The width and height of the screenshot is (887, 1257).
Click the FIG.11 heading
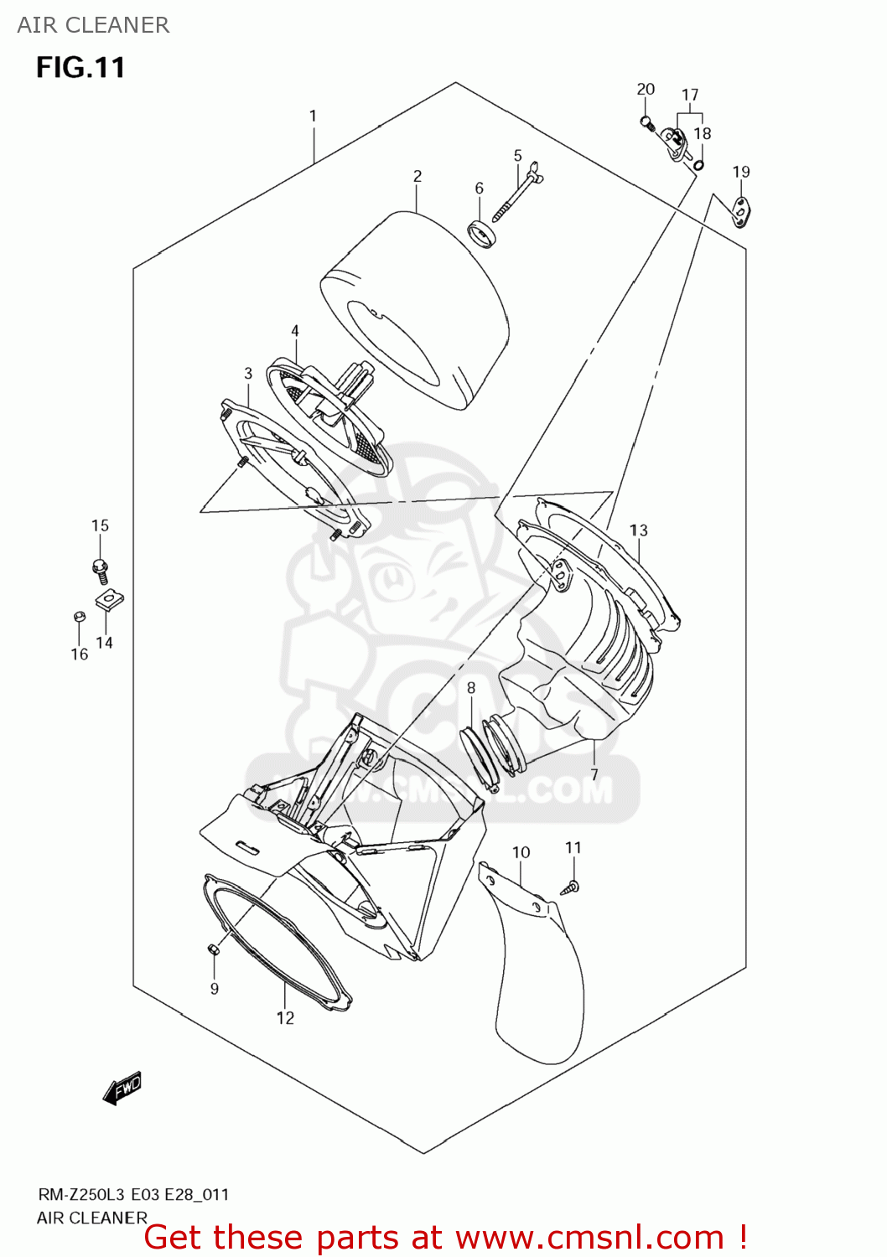click(x=80, y=68)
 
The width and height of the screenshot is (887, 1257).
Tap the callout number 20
click(x=646, y=90)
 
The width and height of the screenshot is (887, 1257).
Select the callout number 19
click(x=741, y=173)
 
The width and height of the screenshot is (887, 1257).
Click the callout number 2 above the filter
click(x=418, y=177)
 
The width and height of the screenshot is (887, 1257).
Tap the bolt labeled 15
click(x=101, y=571)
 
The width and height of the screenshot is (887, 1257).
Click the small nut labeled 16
click(x=80, y=618)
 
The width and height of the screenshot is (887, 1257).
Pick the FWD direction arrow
click(x=122, y=1089)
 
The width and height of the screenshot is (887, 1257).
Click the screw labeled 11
click(x=572, y=887)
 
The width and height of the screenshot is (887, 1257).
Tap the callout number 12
click(x=285, y=1018)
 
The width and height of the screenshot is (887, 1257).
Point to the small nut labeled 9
click(x=213, y=949)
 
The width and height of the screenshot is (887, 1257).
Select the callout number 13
click(x=639, y=530)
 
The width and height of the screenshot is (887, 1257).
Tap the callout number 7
click(x=594, y=774)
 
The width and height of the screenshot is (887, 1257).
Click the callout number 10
click(x=521, y=853)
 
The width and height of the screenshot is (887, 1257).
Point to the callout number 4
click(x=295, y=332)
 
